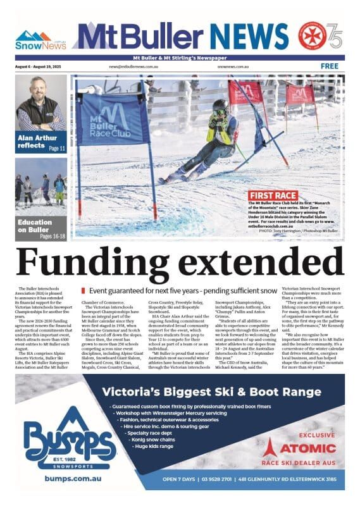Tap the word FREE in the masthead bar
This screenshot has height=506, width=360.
(x=330, y=66)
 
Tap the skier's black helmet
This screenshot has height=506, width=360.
(x=220, y=105)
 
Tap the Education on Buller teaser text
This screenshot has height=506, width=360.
(x=34, y=226)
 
